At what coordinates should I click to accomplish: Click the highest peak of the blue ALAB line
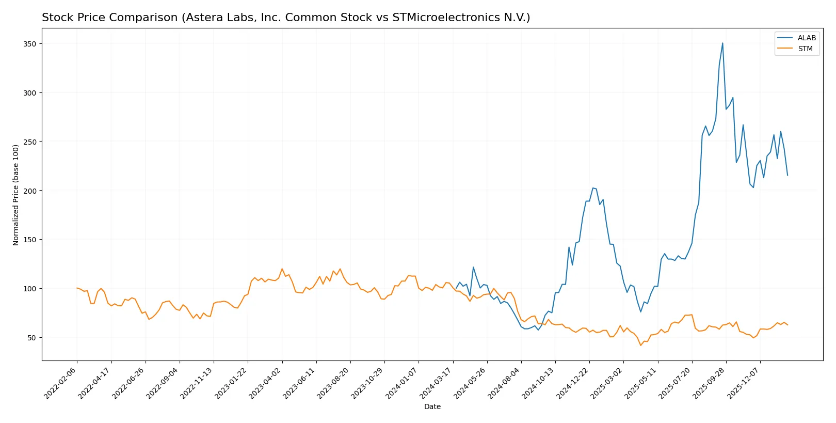pyautogui.click(x=722, y=43)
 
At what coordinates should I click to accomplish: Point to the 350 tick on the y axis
pyautogui.click(x=30, y=44)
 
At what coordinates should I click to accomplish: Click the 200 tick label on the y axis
pyautogui.click(x=30, y=191)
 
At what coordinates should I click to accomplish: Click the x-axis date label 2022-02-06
pyautogui.click(x=61, y=383)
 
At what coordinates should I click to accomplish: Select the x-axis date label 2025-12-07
pyautogui.click(x=744, y=383)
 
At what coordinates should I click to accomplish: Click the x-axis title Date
pyautogui.click(x=432, y=406)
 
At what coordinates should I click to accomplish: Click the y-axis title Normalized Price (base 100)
pyautogui.click(x=15, y=195)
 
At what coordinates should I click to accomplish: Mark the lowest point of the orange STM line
pyautogui.click(x=641, y=345)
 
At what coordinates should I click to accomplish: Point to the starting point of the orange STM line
pyautogui.click(x=77, y=288)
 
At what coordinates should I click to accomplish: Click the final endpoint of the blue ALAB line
pyautogui.click(x=787, y=176)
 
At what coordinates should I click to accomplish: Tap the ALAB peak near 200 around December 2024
pyautogui.click(x=593, y=188)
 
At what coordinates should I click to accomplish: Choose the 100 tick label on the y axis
pyautogui.click(x=30, y=289)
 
